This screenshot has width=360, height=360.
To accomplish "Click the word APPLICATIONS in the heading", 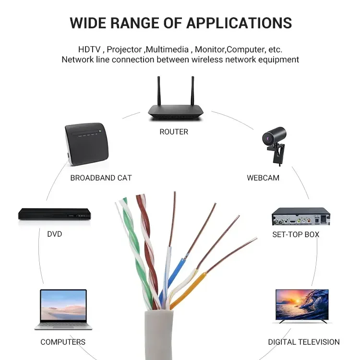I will tap(239, 23).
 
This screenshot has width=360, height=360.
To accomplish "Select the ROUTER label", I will tap(174, 132).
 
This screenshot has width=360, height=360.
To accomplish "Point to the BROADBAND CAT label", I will tap(101, 178).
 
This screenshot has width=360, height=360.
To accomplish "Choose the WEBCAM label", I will tap(263, 178).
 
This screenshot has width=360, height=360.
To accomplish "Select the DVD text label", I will tap(54, 234).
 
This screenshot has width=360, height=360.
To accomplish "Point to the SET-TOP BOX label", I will tap(296, 234).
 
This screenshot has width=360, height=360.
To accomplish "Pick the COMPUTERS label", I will tap(63, 342).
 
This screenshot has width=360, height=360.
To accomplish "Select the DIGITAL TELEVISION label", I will tap(304, 342).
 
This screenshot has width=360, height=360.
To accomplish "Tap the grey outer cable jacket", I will tap(161, 336).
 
